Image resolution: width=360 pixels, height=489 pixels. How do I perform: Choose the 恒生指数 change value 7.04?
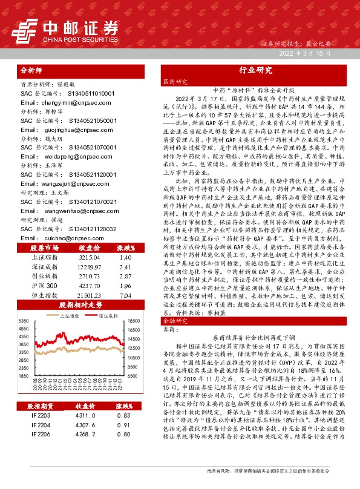tap(125, 294)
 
